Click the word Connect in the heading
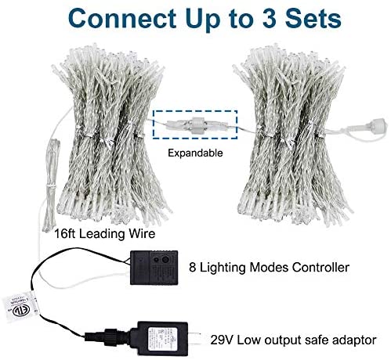pyautogui.click(x=122, y=19)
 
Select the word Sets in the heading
pyautogui.click(x=313, y=19)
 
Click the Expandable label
pyautogui.click(x=195, y=153)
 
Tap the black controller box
pyautogui.click(x=154, y=268)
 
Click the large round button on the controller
pyautogui.click(x=165, y=260)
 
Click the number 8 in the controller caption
pyautogui.click(x=192, y=268)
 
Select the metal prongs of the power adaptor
pyautogui.click(x=194, y=338)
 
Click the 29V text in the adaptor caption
pyautogui.click(x=221, y=340)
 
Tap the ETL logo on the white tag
pyautogui.click(x=22, y=311)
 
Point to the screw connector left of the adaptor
pyautogui.click(x=111, y=337)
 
